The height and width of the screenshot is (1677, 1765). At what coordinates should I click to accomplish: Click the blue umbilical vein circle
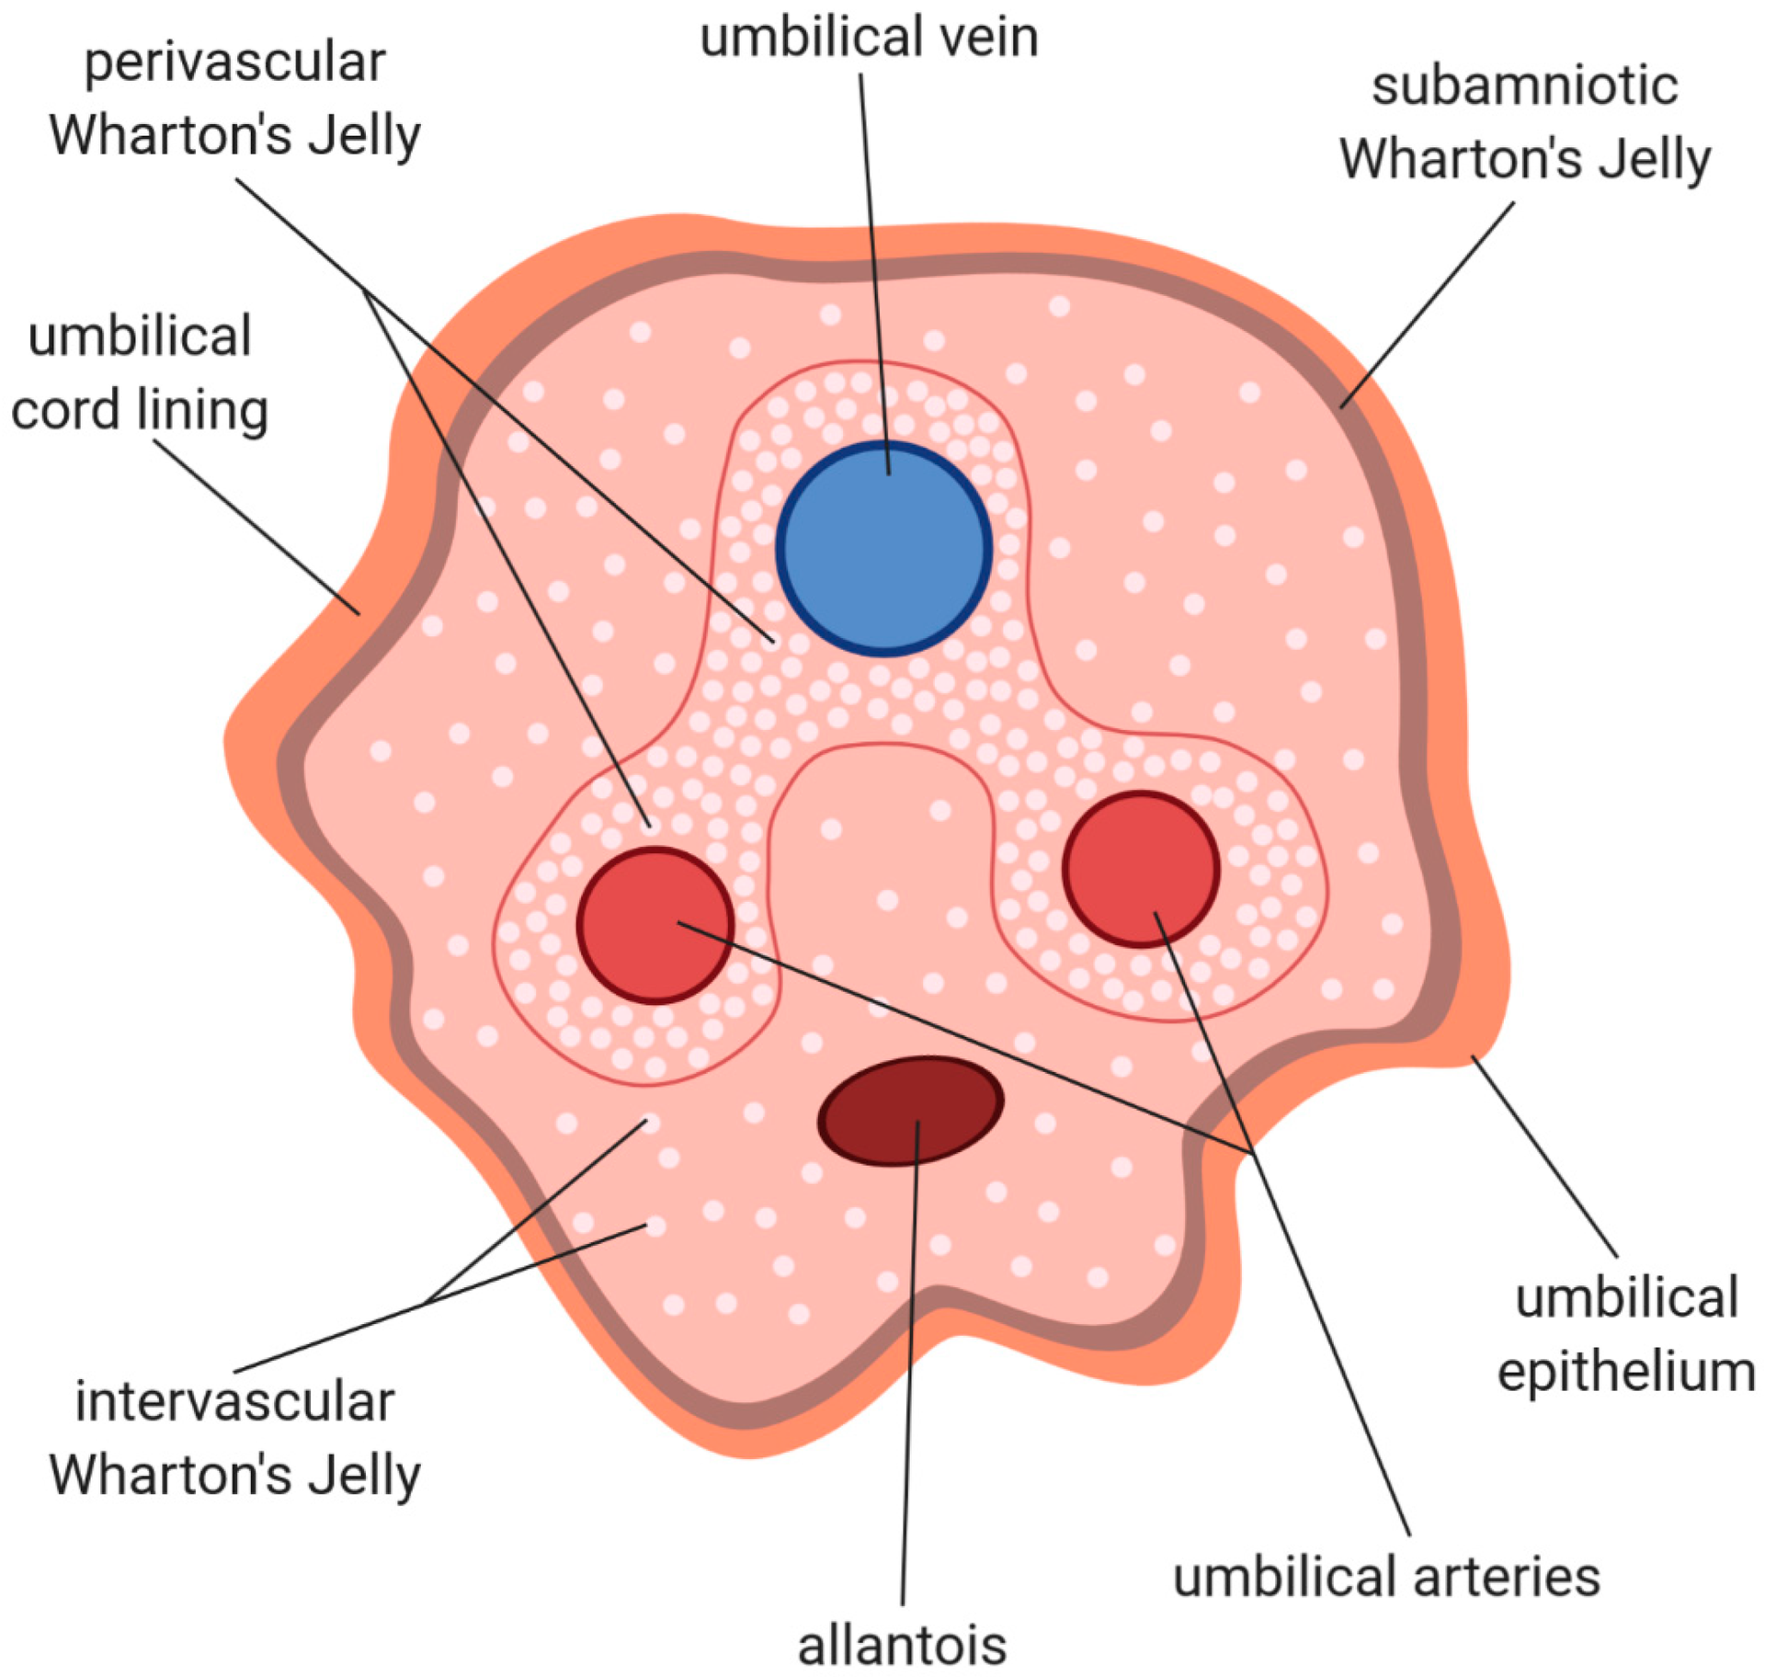(x=883, y=550)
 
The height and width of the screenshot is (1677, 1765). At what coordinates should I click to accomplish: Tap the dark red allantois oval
(x=910, y=1111)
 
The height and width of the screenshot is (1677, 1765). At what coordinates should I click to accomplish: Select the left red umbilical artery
(x=655, y=925)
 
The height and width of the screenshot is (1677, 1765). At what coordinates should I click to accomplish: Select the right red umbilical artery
(x=1141, y=868)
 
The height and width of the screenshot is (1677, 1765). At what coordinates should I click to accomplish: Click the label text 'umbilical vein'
(x=870, y=39)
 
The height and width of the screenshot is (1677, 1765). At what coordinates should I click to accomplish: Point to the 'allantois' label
(x=902, y=1645)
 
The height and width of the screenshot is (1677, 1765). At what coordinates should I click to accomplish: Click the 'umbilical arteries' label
(x=1387, y=1576)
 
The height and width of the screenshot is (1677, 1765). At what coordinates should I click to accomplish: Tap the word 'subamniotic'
(x=1524, y=86)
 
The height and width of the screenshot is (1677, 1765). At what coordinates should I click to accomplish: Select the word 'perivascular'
(x=234, y=63)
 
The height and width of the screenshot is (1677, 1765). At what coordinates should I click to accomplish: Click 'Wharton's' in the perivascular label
(x=170, y=136)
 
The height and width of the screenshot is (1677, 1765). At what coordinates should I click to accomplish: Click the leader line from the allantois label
(x=909, y=1379)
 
